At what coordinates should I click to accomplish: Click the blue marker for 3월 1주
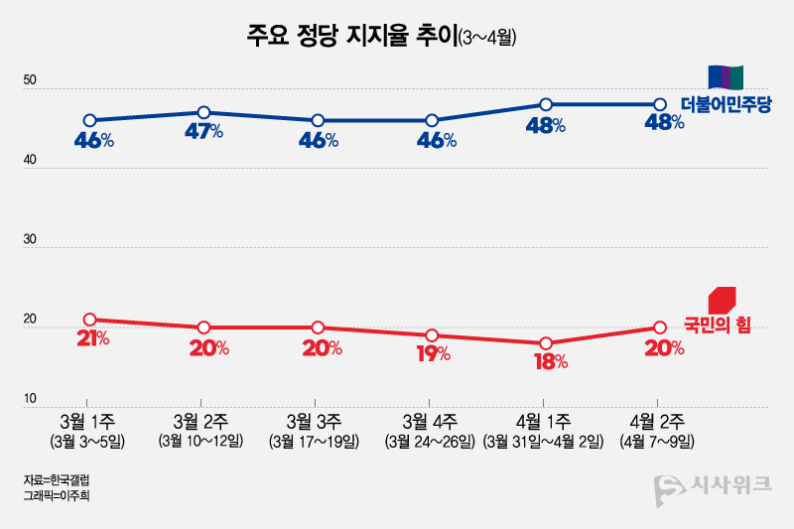pyautogui.click(x=90, y=120)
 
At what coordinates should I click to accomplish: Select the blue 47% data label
pyautogui.click(x=203, y=132)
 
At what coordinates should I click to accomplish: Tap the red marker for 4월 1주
pyautogui.click(x=546, y=343)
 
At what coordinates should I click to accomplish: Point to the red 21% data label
pyautogui.click(x=91, y=339)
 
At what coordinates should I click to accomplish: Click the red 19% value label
pyautogui.click(x=433, y=354)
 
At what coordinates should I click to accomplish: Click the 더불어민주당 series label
pyautogui.click(x=726, y=104)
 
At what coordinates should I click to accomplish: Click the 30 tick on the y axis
pyautogui.click(x=31, y=240)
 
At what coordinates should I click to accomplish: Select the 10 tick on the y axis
pyautogui.click(x=31, y=399)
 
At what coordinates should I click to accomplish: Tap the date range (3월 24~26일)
pyautogui.click(x=432, y=441)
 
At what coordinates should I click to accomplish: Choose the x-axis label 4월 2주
pyautogui.click(x=660, y=421)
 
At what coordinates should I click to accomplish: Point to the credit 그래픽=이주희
pyautogui.click(x=62, y=494)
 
